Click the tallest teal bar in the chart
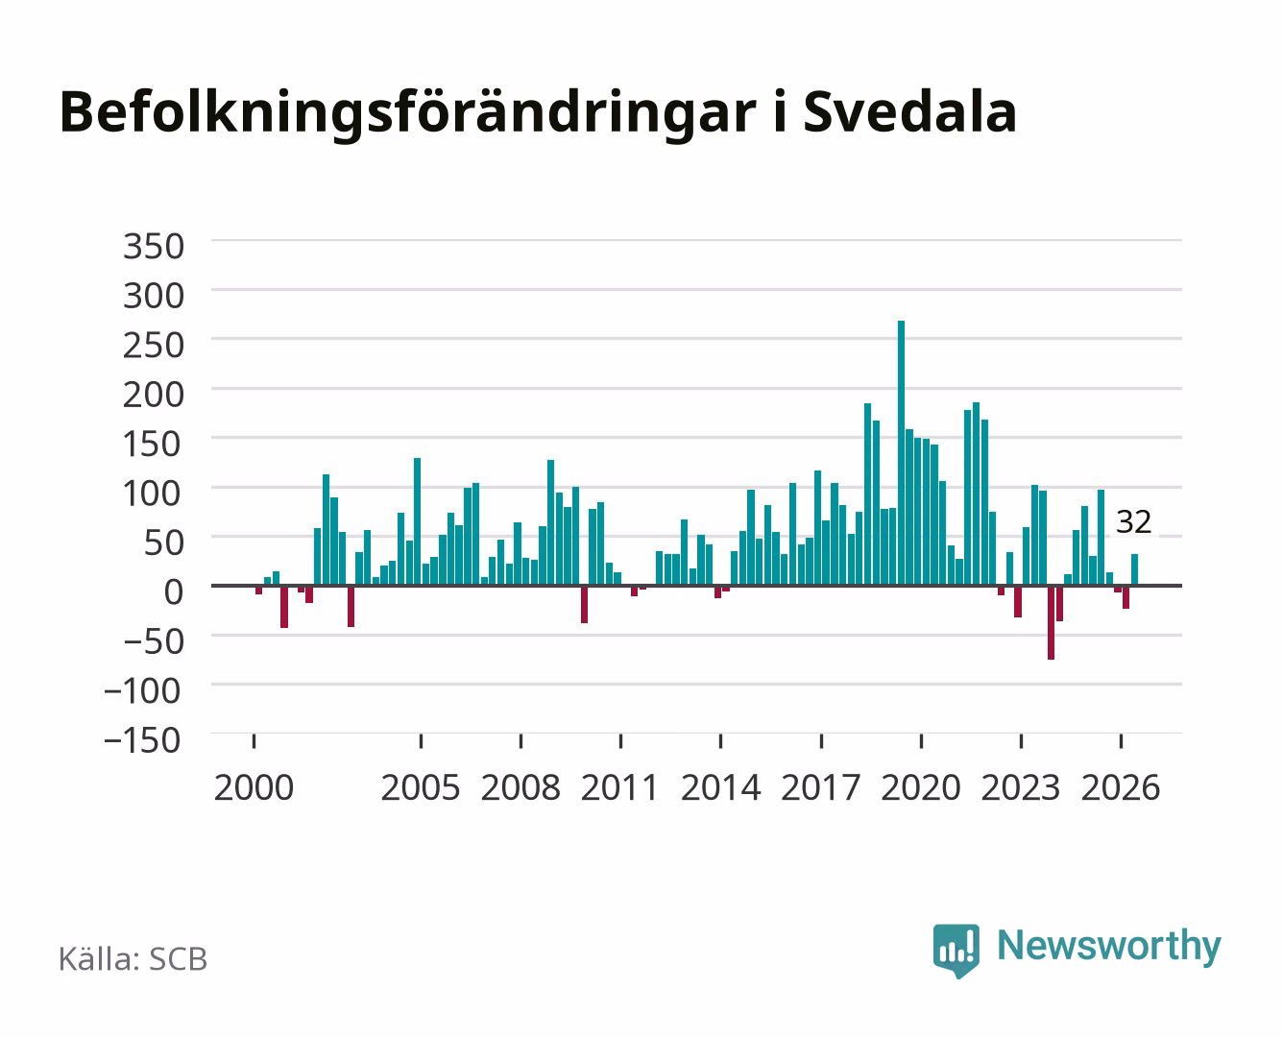click(x=901, y=453)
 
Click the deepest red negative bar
click(x=1052, y=622)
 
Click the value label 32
click(x=1133, y=521)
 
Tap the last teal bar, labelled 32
click(x=1134, y=569)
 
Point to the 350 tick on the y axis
click(x=153, y=247)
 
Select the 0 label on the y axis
click(x=174, y=592)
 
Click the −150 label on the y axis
click(x=142, y=740)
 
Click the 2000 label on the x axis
click(x=254, y=787)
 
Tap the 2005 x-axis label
click(x=421, y=787)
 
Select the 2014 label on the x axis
click(x=720, y=787)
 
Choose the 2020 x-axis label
click(x=921, y=787)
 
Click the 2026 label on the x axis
click(x=1121, y=787)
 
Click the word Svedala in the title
click(x=910, y=112)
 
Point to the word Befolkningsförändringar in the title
click(x=408, y=114)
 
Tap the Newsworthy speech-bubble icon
click(x=956, y=951)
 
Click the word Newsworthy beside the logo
click(x=1109, y=947)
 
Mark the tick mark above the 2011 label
click(x=620, y=741)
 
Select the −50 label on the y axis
click(x=153, y=641)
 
